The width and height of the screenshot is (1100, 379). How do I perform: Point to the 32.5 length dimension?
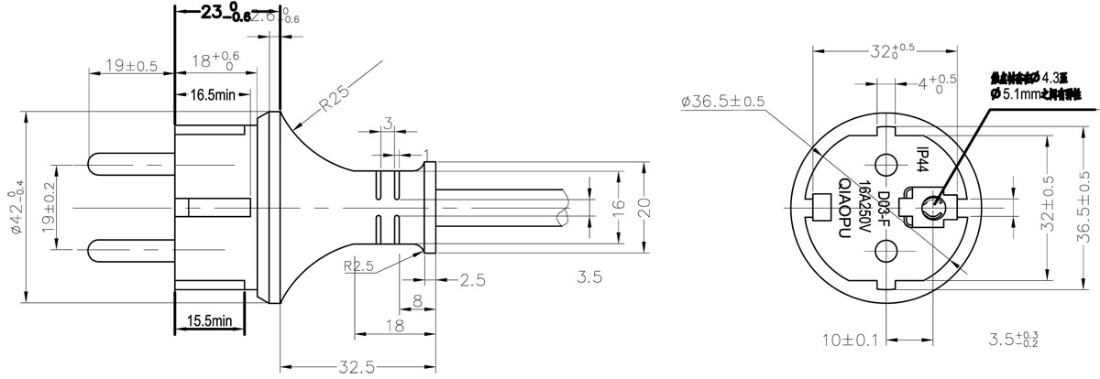coord(355,367)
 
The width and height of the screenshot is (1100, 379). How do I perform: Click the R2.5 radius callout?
coord(360,267)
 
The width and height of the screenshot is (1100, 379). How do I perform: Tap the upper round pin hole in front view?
coord(885,165)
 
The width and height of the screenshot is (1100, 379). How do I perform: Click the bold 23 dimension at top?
coord(213,14)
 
